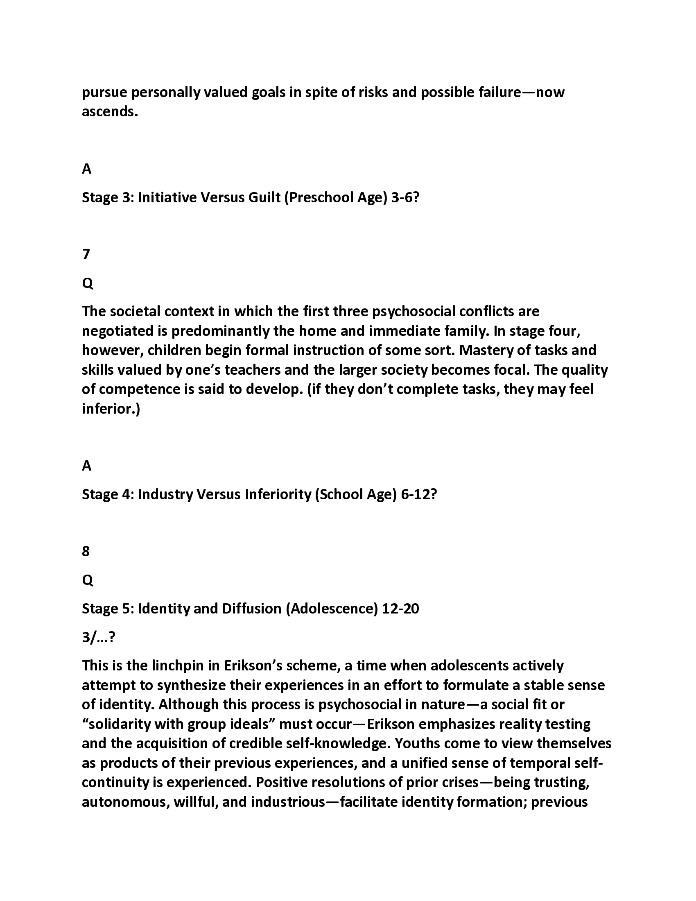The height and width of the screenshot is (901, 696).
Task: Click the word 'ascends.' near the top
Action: [110, 111]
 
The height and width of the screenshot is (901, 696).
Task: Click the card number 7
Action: [86, 255]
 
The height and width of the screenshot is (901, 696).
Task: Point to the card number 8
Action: [86, 551]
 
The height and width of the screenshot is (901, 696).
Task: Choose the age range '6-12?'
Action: [418, 494]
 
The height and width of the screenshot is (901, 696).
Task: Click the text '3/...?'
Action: [99, 637]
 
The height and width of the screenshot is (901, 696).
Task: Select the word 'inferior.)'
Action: [111, 409]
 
